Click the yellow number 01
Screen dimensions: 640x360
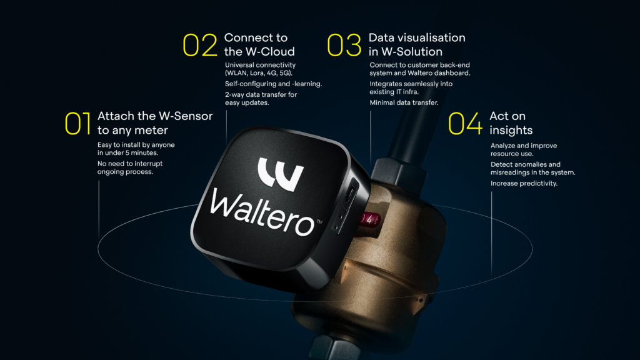pyautogui.click(x=77, y=123)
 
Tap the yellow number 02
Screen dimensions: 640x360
pyautogui.click(x=200, y=45)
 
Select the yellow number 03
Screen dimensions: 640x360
pyautogui.click(x=344, y=45)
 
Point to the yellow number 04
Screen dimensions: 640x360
pyautogui.click(x=465, y=123)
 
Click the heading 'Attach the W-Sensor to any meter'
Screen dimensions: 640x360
pyautogui.click(x=155, y=123)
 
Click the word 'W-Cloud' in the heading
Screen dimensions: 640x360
pyautogui.click(x=270, y=52)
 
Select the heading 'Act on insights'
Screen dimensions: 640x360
pyautogui.click(x=511, y=123)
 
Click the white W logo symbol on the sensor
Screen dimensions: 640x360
pyautogui.click(x=281, y=174)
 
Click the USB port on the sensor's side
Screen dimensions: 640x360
pyautogui.click(x=350, y=191)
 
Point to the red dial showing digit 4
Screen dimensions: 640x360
pyautogui.click(x=370, y=220)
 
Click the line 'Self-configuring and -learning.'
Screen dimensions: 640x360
pyautogui.click(x=274, y=84)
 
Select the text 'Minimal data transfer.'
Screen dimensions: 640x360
pyautogui.click(x=404, y=103)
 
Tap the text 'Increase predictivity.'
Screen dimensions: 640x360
pyautogui.click(x=524, y=184)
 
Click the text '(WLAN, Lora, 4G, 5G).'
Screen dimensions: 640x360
pyautogui.click(x=259, y=74)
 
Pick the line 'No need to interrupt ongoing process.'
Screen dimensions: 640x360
pyautogui.click(x=130, y=167)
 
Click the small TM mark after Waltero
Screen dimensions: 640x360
pyautogui.click(x=319, y=222)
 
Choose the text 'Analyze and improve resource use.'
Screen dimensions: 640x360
pyautogui.click(x=524, y=150)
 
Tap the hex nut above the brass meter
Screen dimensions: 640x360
pyautogui.click(x=398, y=170)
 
